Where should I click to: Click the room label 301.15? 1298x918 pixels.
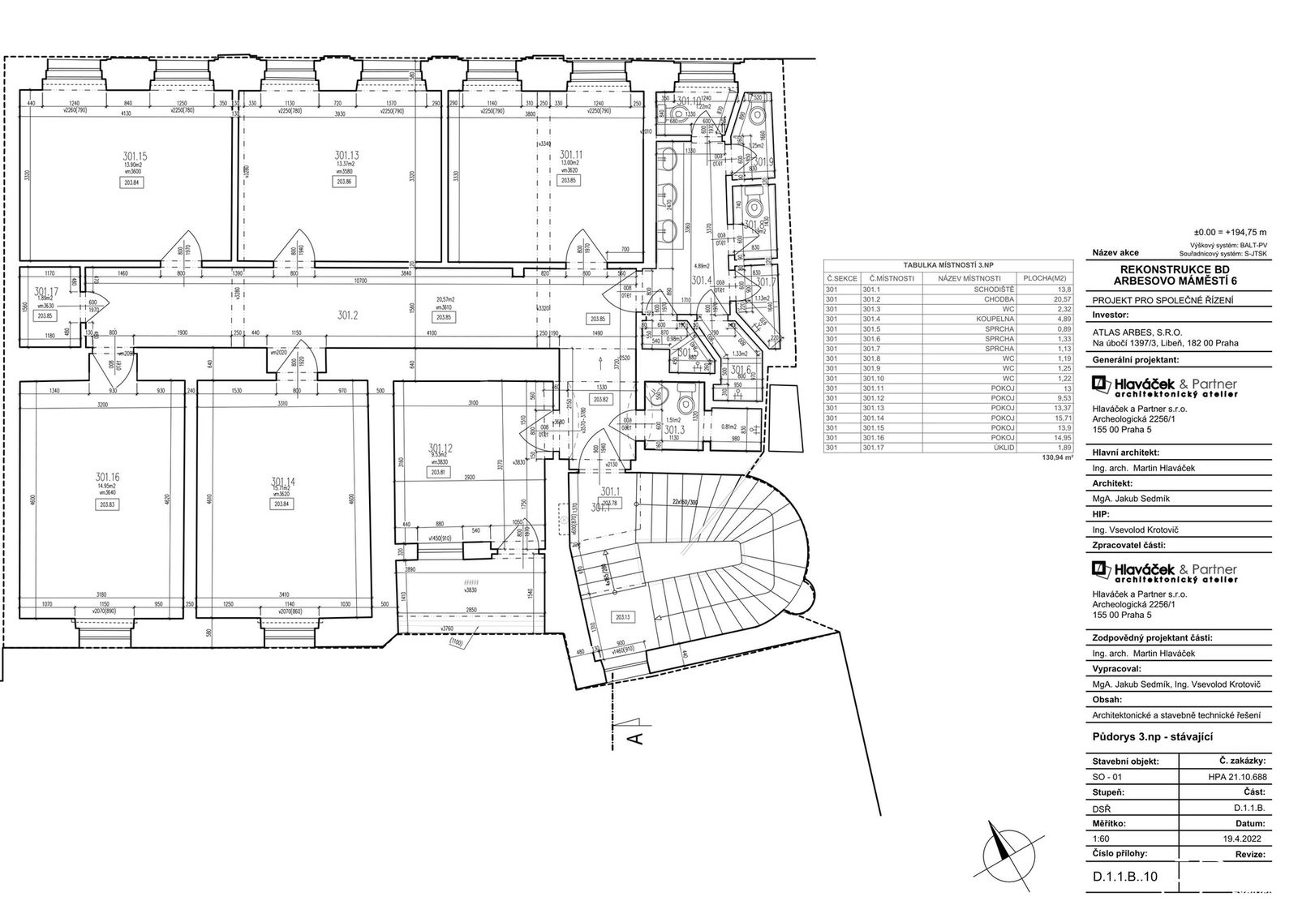coord(133,155)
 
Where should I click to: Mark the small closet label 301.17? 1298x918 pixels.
coord(46,292)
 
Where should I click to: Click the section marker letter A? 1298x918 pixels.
coord(637,738)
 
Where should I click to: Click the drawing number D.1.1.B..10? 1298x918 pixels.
coord(1127,875)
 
